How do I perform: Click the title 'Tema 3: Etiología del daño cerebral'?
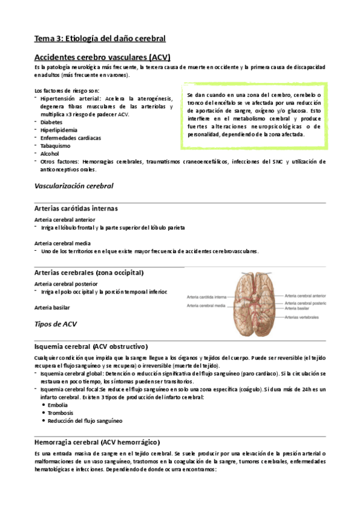point(99,38)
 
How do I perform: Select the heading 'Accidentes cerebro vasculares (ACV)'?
point(102,57)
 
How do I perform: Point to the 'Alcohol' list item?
point(50,153)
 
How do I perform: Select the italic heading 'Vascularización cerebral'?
point(73,186)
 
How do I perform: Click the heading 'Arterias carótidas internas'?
point(76,208)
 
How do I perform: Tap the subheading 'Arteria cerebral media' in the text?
point(63,243)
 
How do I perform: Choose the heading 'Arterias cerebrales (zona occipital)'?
point(89,272)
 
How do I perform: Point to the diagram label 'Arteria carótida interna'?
point(206,296)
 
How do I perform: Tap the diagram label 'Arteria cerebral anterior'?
point(306,296)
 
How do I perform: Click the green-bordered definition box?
point(255,114)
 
